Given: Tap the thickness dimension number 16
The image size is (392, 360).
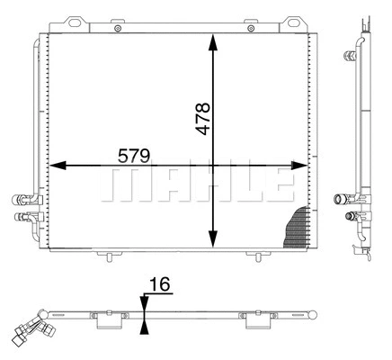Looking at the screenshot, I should [159, 286].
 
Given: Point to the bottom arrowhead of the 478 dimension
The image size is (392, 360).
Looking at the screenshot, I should [213, 240].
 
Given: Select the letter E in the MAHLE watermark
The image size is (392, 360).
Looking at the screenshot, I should [281, 184].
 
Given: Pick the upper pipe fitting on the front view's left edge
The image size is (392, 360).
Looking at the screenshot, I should [20, 200].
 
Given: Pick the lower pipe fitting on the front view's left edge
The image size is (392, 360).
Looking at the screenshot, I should [20, 217].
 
